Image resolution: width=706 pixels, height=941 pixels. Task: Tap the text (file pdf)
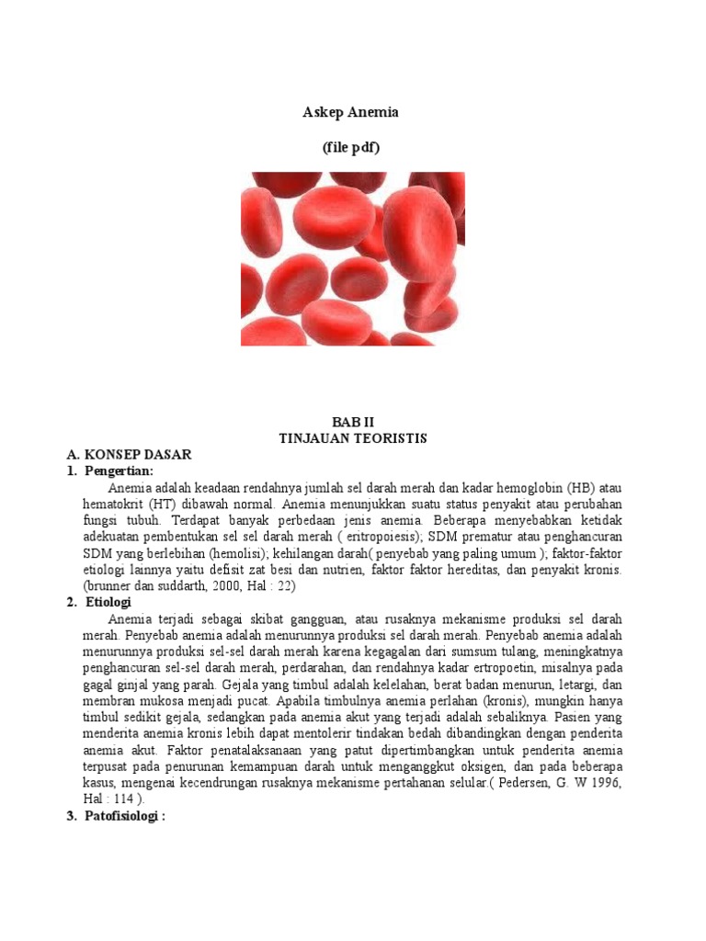pos(350,148)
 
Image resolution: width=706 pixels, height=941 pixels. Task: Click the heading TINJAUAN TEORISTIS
pos(353,438)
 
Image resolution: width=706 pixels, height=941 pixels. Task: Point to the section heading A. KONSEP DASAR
pos(130,455)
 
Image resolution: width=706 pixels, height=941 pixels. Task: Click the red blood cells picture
pos(348,258)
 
